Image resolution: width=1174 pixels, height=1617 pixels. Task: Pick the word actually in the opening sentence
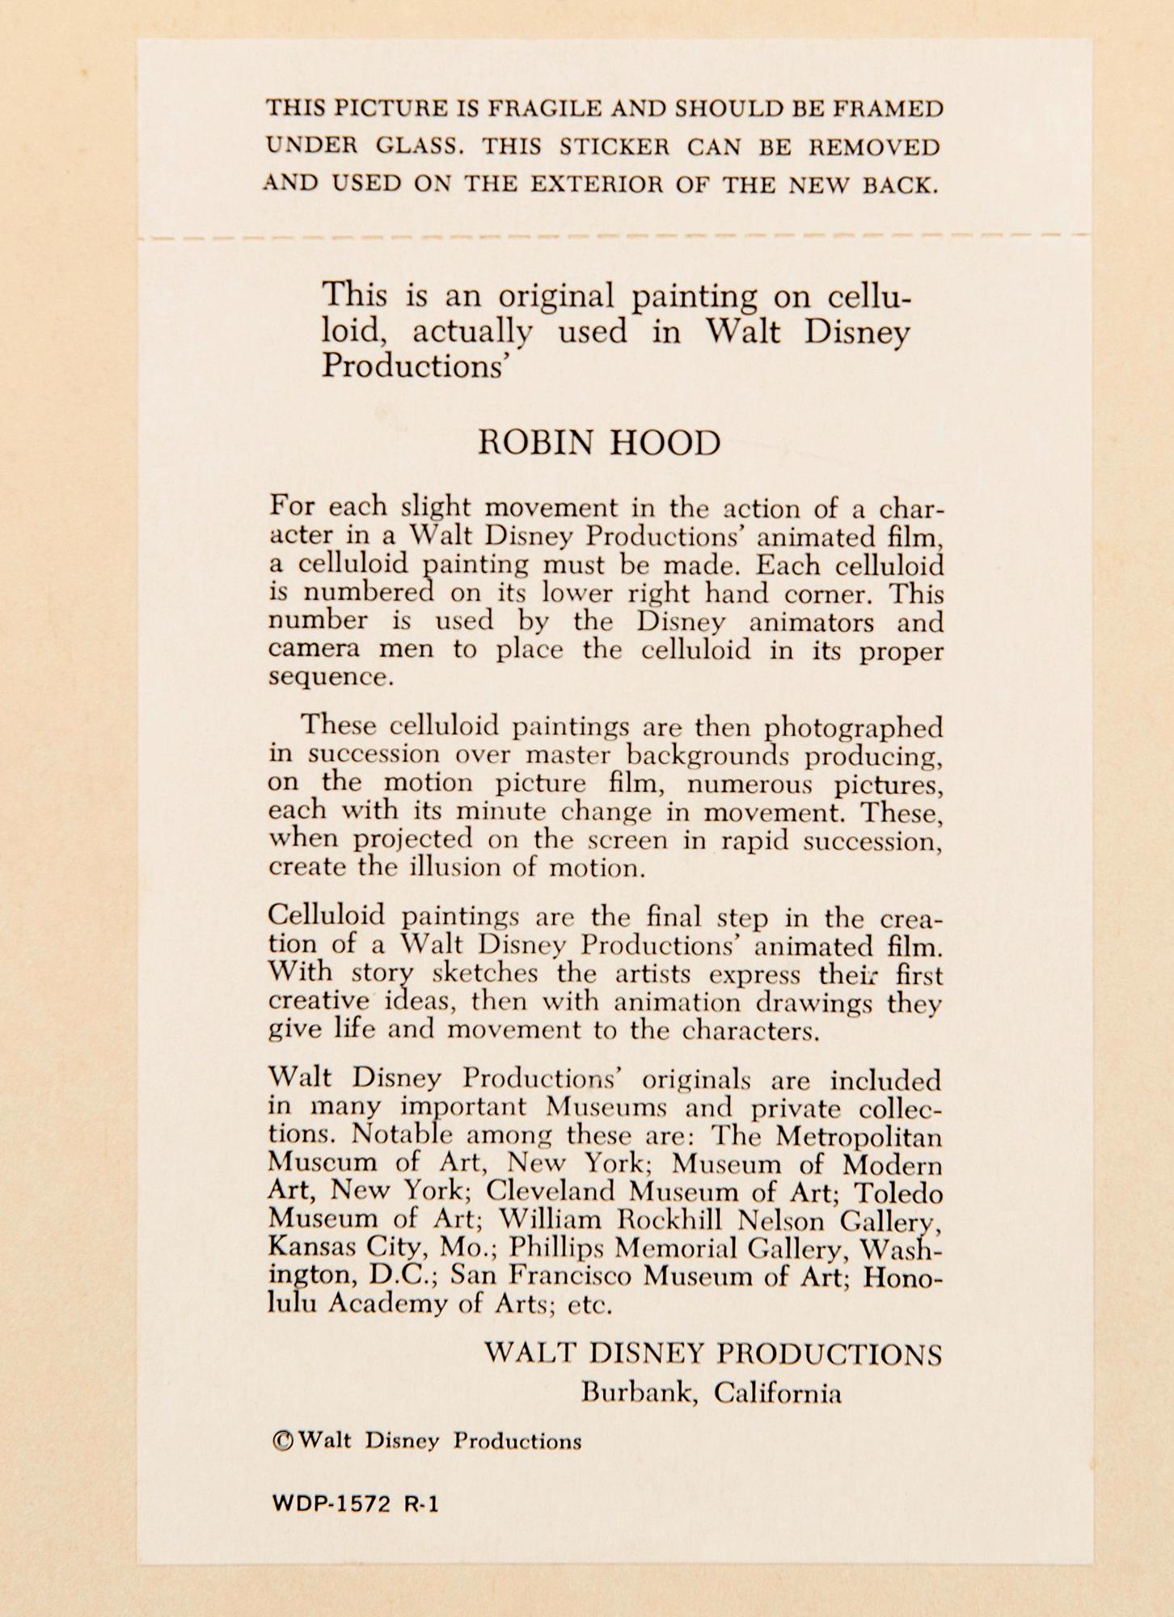[473, 332]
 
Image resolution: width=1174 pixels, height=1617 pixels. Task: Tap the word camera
[307, 649]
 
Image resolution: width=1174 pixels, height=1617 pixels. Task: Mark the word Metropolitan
[859, 1136]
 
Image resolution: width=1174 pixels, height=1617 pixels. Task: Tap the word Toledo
[899, 1192]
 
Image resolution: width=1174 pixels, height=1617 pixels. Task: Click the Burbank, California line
[712, 1393]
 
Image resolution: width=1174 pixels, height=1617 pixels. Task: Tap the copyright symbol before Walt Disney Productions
[282, 1441]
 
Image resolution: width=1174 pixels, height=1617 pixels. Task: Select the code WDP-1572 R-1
[355, 1504]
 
